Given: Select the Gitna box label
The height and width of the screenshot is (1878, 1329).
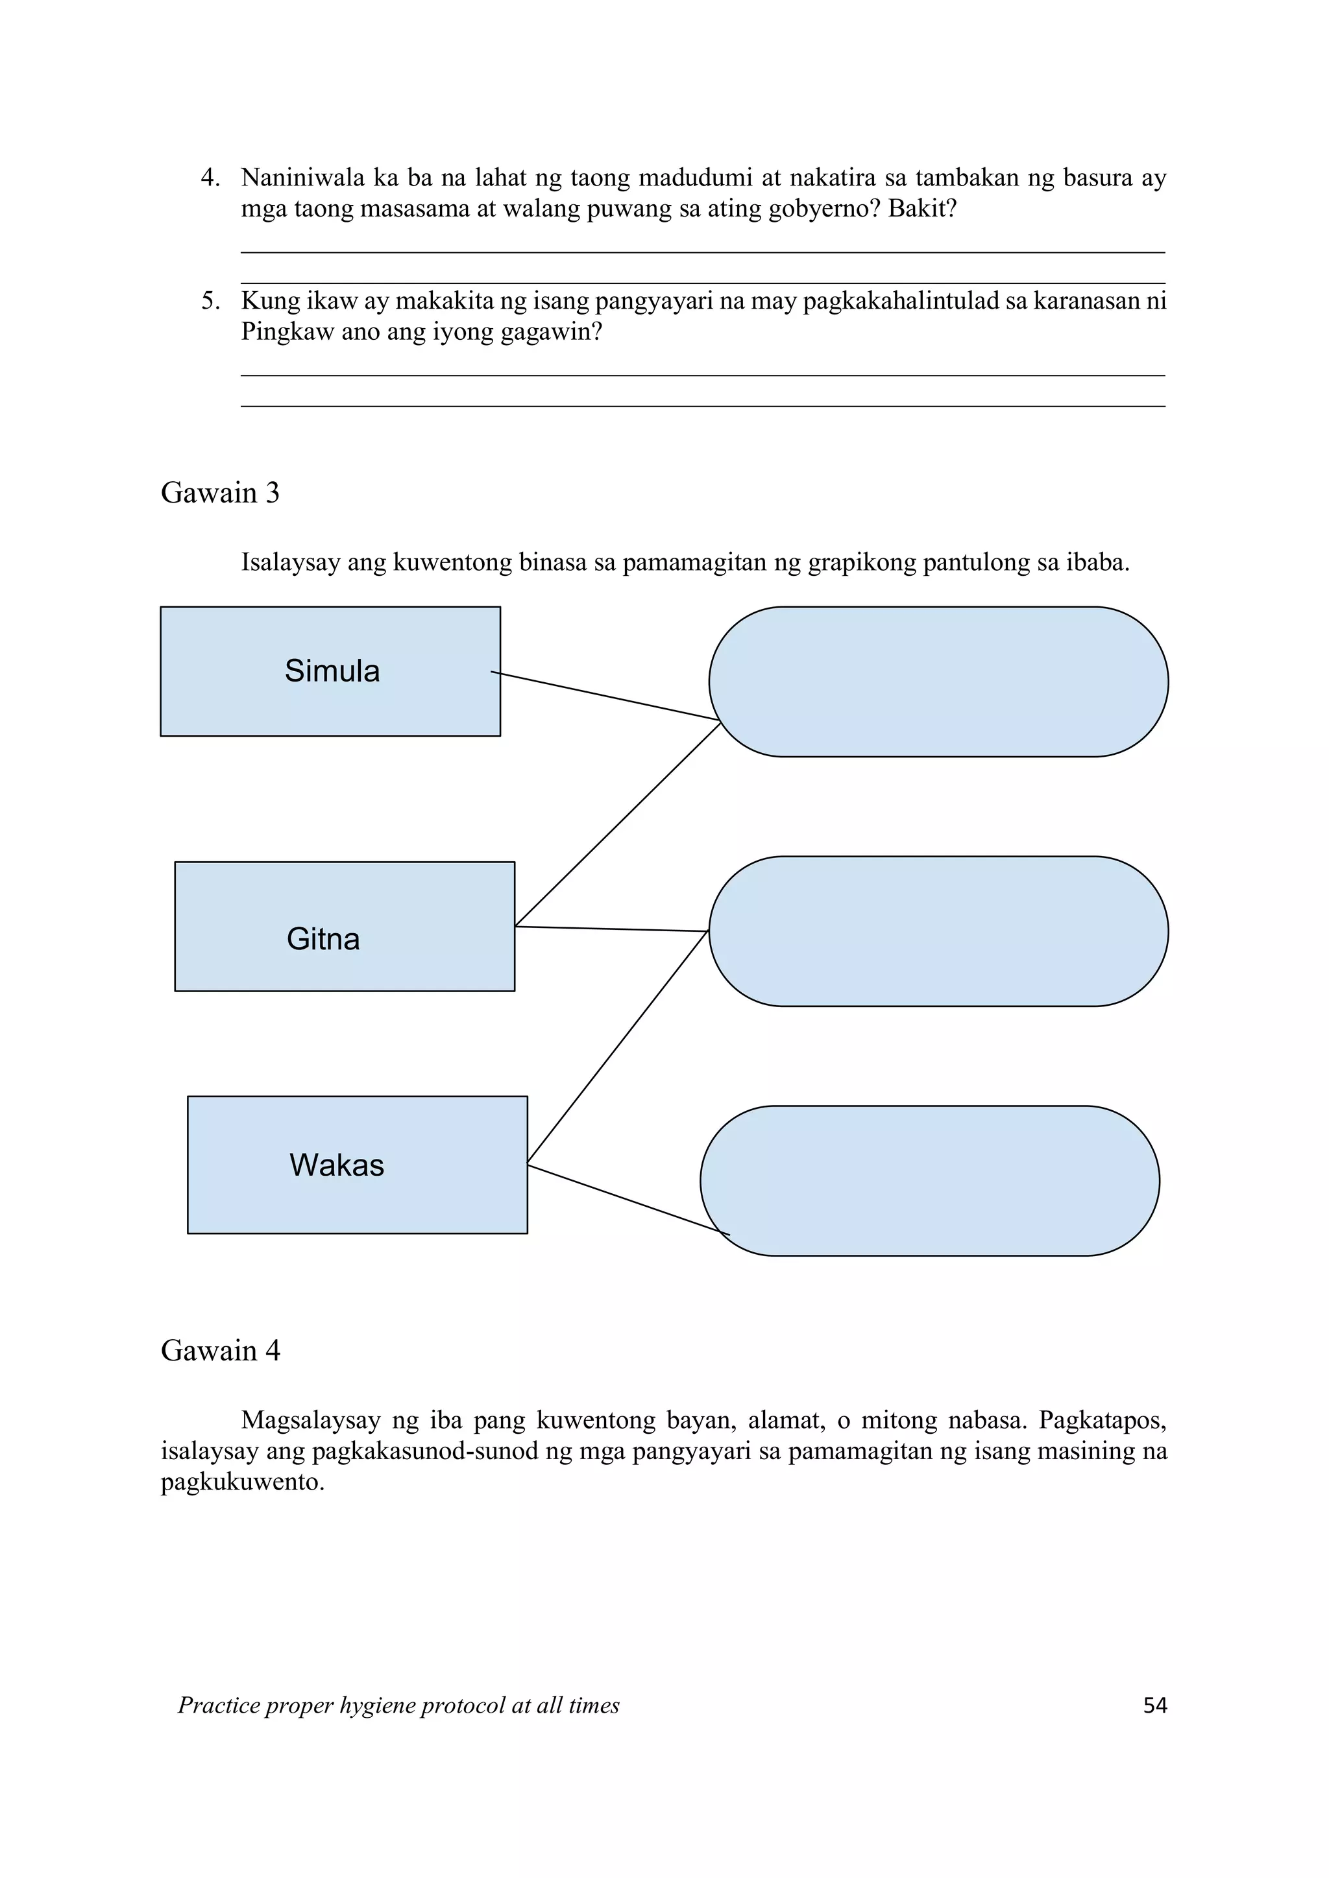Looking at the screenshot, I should click(323, 939).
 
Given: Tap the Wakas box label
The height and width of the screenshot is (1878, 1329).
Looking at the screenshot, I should click(336, 1165).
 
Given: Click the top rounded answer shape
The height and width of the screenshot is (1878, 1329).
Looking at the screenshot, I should click(938, 682).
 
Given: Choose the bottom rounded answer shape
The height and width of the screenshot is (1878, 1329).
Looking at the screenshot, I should click(930, 1180).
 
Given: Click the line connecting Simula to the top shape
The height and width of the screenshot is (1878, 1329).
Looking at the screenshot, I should click(605, 696).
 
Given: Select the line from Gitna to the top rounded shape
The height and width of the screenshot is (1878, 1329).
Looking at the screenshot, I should click(618, 824).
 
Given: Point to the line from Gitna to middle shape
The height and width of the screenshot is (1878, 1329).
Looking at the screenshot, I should click(611, 929).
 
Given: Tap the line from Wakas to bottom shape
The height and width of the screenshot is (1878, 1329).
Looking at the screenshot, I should click(629, 1199).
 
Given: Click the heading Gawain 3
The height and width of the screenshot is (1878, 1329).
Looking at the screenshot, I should click(220, 492).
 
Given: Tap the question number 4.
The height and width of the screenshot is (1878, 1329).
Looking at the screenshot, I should click(210, 178).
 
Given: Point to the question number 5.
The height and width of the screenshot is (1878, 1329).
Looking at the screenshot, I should click(210, 301).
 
